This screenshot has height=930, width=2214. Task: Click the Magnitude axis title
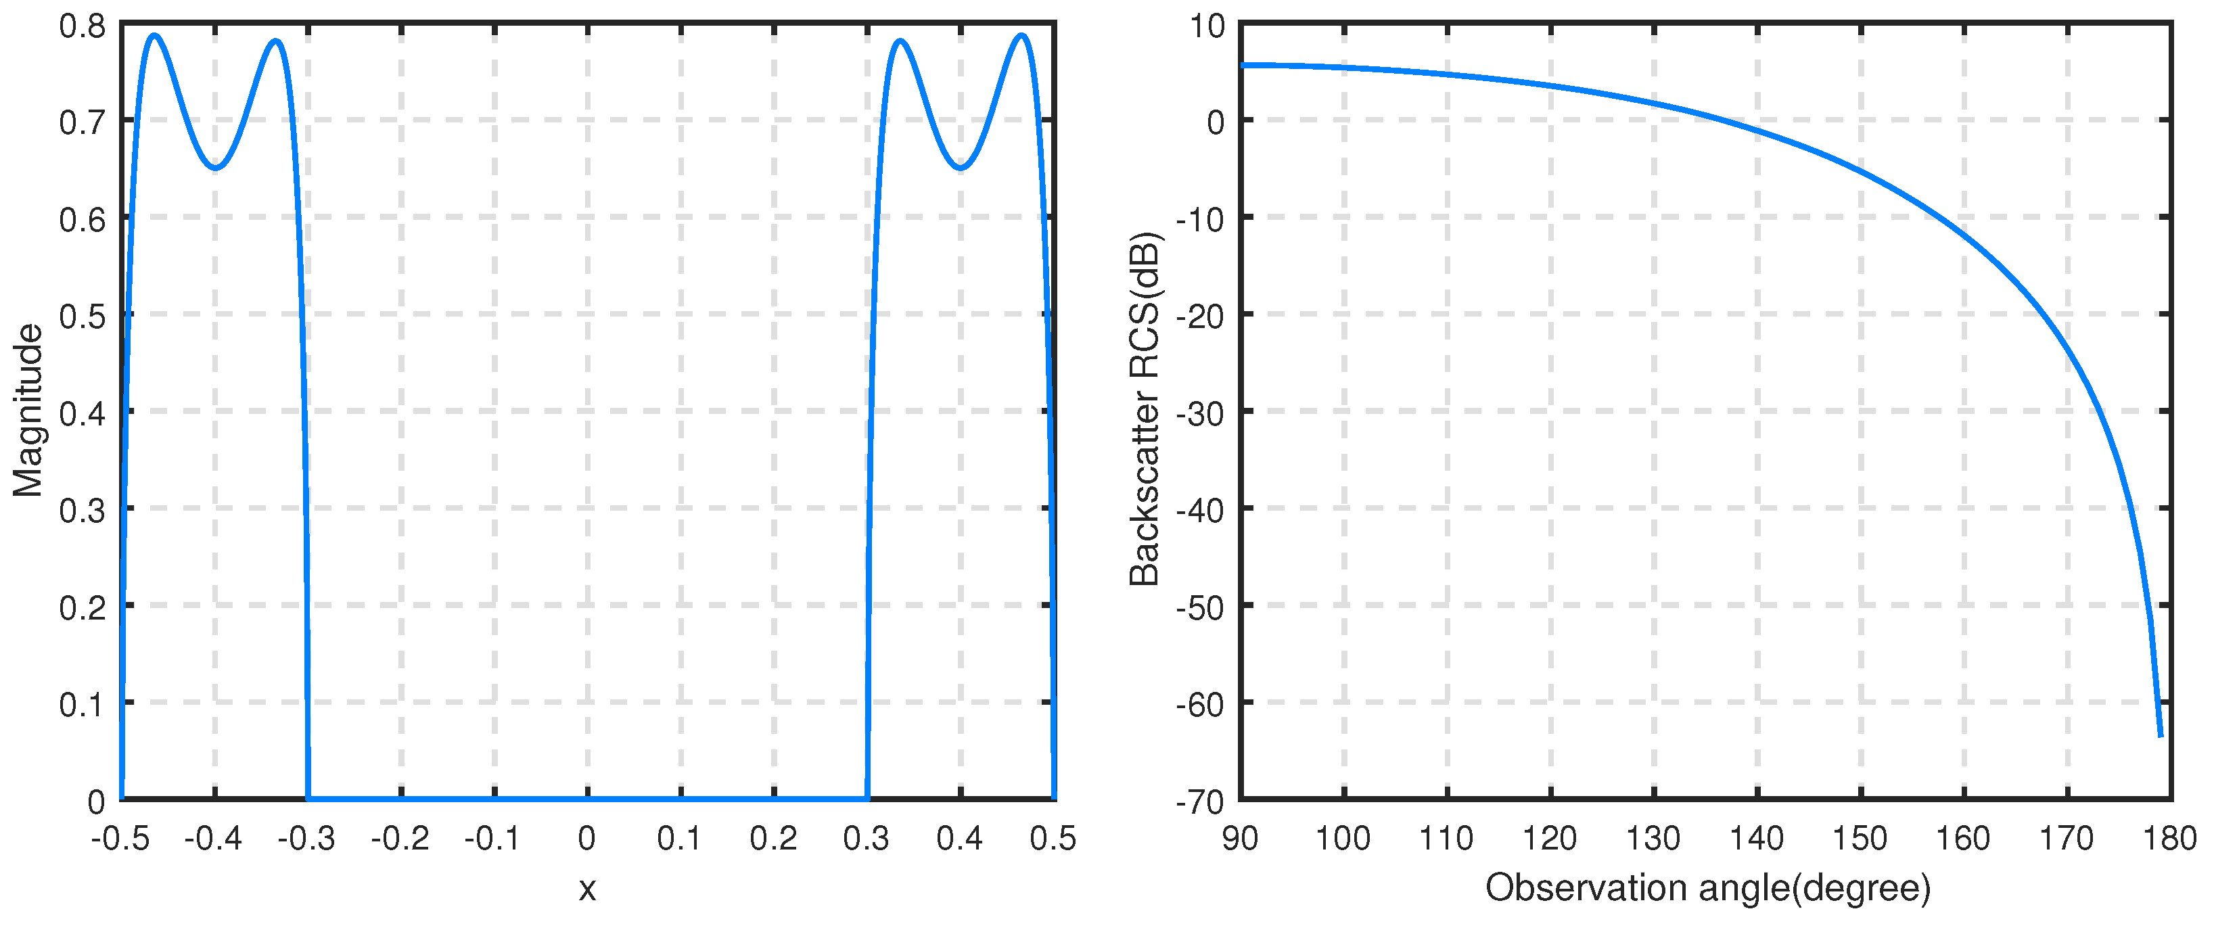28,411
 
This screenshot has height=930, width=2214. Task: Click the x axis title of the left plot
587,889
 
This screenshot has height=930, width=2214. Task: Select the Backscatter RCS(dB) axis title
1145,409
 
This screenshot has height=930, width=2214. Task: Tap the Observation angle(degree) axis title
1707,888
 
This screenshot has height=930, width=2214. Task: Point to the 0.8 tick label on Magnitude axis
83,26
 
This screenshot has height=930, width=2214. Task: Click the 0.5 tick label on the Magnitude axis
83,317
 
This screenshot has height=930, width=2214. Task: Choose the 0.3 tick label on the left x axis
867,838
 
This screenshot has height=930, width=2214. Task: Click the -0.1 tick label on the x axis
492,838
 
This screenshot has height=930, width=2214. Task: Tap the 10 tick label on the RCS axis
1207,26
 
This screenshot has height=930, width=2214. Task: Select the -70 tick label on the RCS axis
1200,802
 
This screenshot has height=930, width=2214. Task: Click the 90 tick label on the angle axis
1240,838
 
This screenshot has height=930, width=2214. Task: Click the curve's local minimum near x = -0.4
216,168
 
